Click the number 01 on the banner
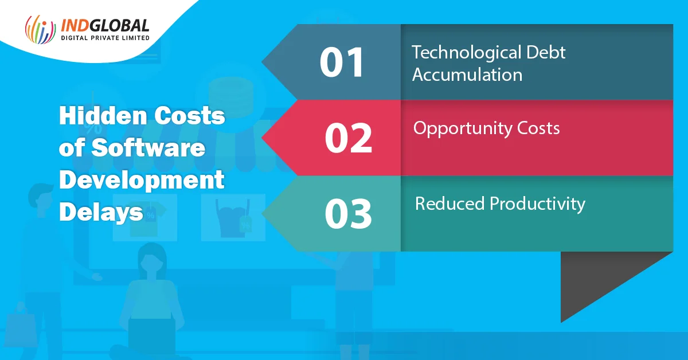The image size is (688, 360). click(x=342, y=62)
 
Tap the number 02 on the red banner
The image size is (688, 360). click(x=349, y=138)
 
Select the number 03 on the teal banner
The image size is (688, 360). click(x=349, y=214)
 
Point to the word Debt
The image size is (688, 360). click(x=546, y=52)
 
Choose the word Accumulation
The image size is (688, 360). click(x=467, y=75)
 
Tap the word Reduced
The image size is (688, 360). click(x=450, y=204)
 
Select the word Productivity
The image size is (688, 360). click(x=538, y=205)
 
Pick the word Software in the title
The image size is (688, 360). click(x=148, y=148)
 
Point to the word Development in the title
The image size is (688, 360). click(x=142, y=181)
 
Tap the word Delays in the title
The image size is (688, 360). click(x=101, y=213)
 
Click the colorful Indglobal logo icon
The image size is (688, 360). click(x=40, y=29)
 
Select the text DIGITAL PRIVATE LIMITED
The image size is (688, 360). click(x=105, y=38)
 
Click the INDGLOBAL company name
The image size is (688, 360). click(x=105, y=25)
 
